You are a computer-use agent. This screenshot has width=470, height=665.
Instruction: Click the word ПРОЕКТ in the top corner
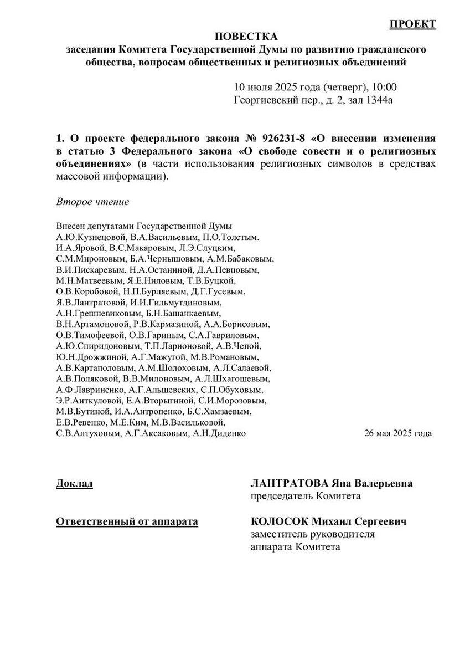(x=413, y=23)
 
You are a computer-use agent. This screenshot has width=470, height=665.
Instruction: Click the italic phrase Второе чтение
(x=93, y=202)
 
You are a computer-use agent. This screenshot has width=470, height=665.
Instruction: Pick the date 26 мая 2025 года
(x=398, y=433)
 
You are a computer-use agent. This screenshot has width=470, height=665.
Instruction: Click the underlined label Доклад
(x=75, y=483)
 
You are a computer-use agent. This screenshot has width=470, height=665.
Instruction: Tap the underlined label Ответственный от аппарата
(x=127, y=522)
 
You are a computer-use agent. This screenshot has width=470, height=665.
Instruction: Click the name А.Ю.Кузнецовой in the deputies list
(x=91, y=237)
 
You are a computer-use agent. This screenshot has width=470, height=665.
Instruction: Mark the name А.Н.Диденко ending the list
(x=219, y=433)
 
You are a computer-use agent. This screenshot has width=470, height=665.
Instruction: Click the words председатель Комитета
(x=306, y=496)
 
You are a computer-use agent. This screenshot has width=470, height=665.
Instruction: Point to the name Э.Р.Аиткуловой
(x=91, y=401)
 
